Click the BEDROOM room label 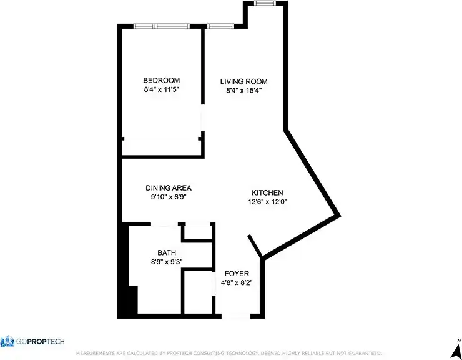pos(162,80)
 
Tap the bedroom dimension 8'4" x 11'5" pos(162,89)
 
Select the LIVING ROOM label pos(243,81)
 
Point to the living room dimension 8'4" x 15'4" pos(243,90)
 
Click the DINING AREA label pos(169,187)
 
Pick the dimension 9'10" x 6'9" pos(169,196)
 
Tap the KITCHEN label pos(268,192)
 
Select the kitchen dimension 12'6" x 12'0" pos(268,201)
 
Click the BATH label pos(166,252)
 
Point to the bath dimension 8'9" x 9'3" pos(166,262)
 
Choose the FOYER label pos(237,274)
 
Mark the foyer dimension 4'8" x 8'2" pos(237,282)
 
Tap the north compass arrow pos(457,346)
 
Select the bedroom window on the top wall pos(162,26)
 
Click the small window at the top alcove pos(264,4)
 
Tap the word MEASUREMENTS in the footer pos(96,354)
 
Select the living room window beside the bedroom pos(219,26)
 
